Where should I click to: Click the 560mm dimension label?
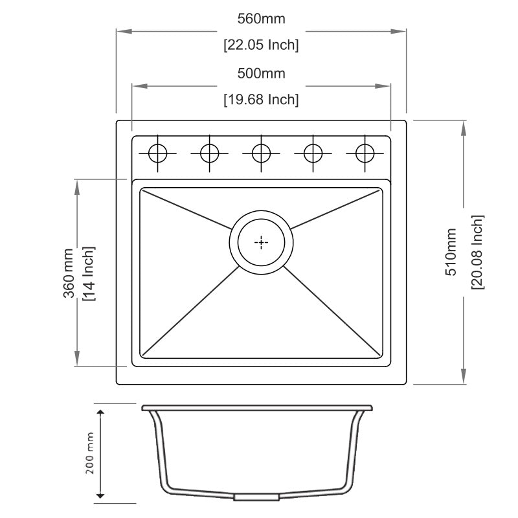(261, 19)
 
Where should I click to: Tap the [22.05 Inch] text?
(261, 45)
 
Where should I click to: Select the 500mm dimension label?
(261, 73)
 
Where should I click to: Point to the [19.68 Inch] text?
(261, 100)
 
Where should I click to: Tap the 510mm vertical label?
(451, 253)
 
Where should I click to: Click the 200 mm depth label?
(90, 453)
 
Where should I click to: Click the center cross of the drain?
(261, 243)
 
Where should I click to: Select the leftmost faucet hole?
(157, 153)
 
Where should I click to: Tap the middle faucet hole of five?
(261, 153)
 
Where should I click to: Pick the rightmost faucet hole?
(365, 153)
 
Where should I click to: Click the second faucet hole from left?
(209, 153)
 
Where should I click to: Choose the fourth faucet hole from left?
(313, 153)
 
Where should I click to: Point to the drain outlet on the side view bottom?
(256, 497)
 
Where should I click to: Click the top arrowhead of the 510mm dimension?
(463, 127)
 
